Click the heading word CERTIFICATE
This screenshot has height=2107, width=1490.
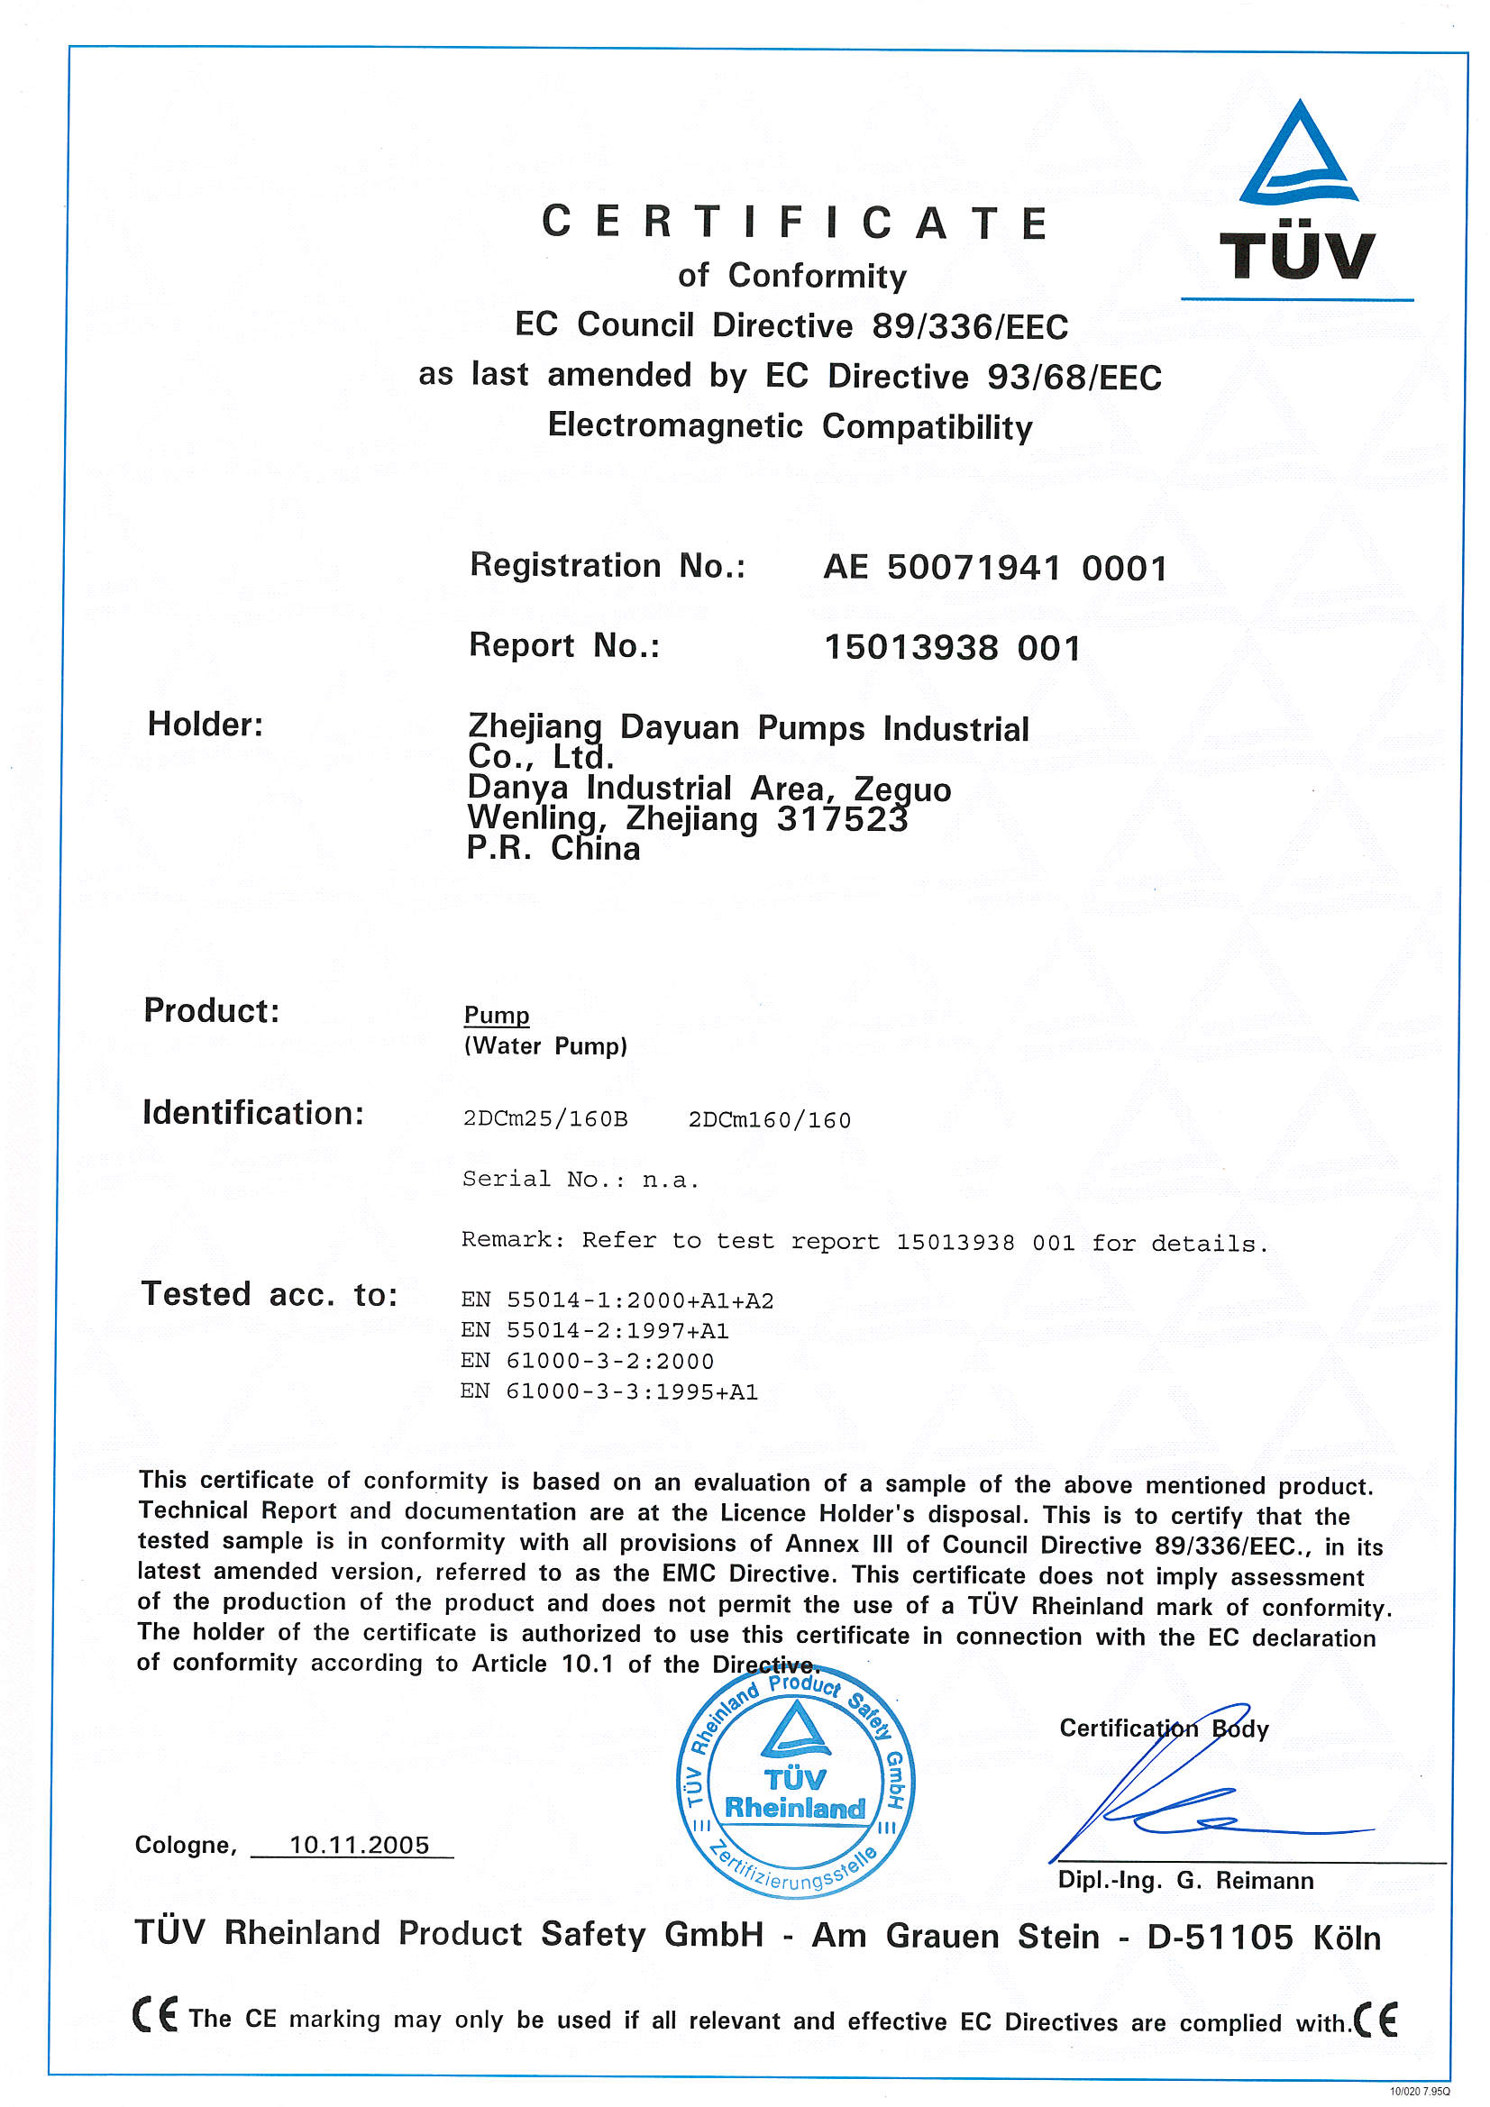pos(795,223)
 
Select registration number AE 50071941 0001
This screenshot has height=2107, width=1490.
pos(995,568)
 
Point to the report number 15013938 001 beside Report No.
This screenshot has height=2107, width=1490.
pos(952,648)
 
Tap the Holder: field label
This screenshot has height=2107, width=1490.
pos(206,725)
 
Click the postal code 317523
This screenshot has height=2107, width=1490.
pos(842,818)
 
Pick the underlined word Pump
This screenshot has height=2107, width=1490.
pos(497,1015)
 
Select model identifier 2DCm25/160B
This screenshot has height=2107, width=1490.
pos(545,1119)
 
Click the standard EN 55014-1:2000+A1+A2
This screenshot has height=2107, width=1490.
pos(617,1300)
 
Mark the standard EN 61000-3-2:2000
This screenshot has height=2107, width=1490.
pos(587,1361)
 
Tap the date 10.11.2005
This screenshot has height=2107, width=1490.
pos(359,1845)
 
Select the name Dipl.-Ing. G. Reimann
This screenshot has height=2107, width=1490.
pos(1185,1880)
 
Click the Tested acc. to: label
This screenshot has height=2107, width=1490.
pos(269,1294)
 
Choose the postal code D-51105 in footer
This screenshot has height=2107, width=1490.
pos(1220,1938)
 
